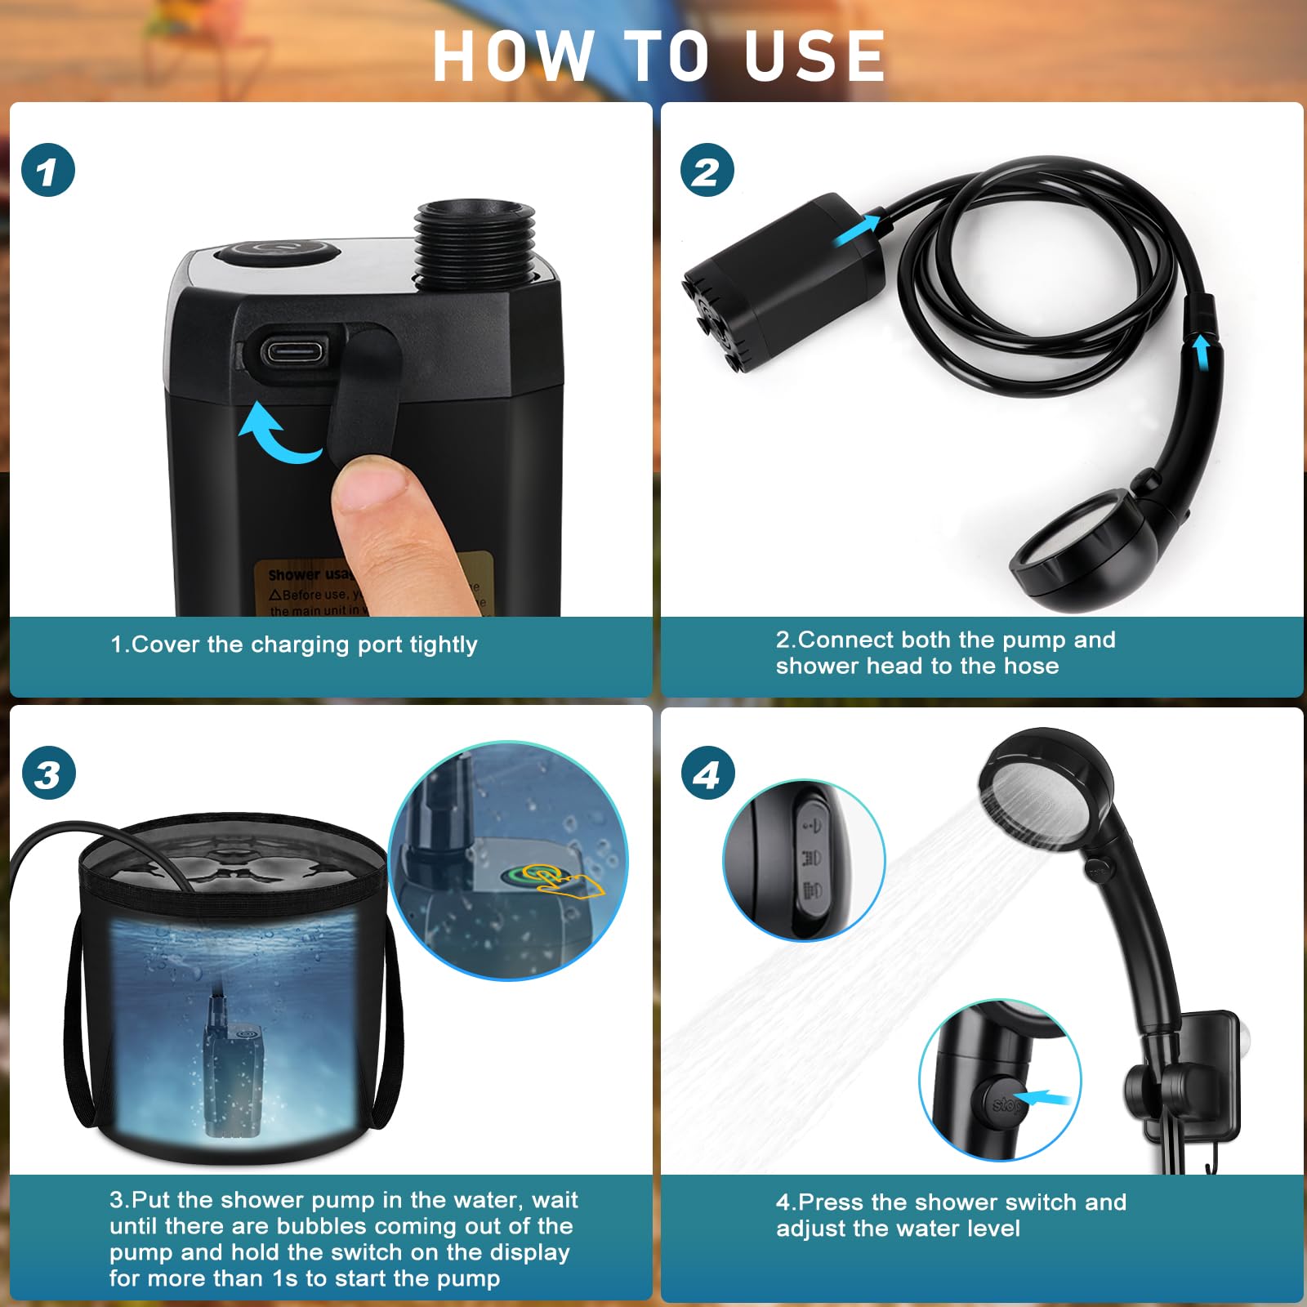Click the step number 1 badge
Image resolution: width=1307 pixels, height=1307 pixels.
coord(48,171)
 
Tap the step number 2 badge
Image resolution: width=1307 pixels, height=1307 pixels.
coord(707,171)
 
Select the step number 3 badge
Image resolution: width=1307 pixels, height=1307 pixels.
coord(48,774)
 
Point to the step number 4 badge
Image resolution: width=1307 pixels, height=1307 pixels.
coord(707,774)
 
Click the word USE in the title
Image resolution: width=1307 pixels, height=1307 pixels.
coord(814,56)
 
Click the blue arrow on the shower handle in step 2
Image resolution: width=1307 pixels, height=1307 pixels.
coord(1201,352)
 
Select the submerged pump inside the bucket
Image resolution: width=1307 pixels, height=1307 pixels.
coord(235,1078)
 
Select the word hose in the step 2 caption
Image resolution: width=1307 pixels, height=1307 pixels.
coord(1031,666)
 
